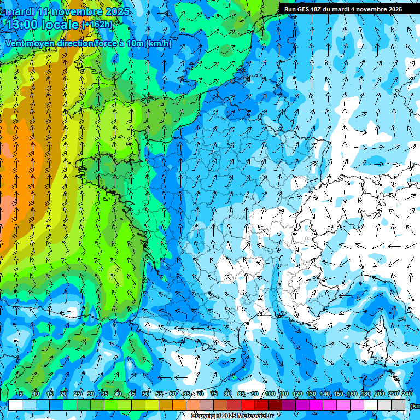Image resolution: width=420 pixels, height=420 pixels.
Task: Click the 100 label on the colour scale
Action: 270,394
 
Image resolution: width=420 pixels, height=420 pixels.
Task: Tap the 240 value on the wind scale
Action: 407,394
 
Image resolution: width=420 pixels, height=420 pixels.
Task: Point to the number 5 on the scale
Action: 21,394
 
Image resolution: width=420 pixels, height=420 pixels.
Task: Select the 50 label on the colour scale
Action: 145,394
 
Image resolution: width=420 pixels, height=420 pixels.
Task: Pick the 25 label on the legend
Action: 77,394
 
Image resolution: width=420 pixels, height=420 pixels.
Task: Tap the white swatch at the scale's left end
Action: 15,405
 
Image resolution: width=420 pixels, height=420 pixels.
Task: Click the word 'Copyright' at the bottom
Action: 206,416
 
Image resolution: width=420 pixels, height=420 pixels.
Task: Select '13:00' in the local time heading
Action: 24,25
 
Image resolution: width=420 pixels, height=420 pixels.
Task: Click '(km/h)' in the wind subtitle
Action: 159,44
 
